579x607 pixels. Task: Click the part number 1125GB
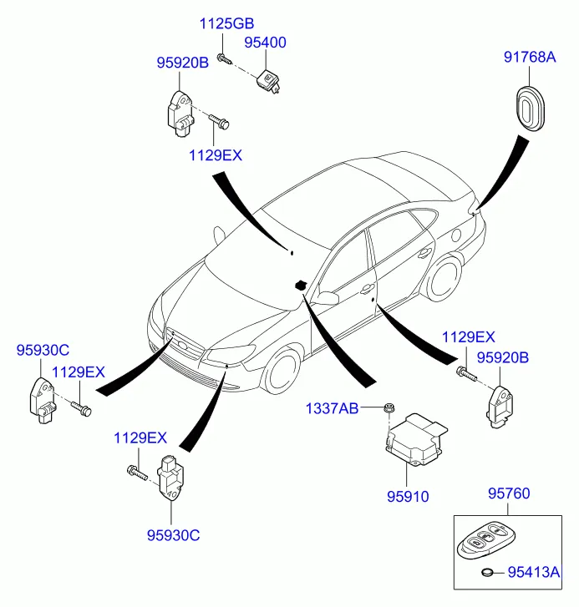pyautogui.click(x=226, y=23)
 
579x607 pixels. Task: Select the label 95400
pyautogui.click(x=265, y=41)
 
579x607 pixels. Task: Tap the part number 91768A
pyautogui.click(x=528, y=58)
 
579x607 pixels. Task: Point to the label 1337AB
pyautogui.click(x=332, y=408)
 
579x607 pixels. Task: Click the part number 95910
pyautogui.click(x=407, y=496)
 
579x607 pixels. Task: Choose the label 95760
pyautogui.click(x=509, y=494)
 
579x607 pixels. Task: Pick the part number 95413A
pyautogui.click(x=531, y=572)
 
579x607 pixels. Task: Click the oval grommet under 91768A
pyautogui.click(x=530, y=106)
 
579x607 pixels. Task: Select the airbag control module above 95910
pyautogui.click(x=414, y=438)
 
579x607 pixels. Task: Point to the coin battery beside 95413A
pyautogui.click(x=489, y=573)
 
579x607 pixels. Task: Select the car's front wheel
pyautogui.click(x=281, y=370)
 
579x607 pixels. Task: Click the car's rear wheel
pyautogui.click(x=444, y=277)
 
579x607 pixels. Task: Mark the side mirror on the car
pyautogui.click(x=328, y=297)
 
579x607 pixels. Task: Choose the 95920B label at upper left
pyautogui.click(x=182, y=62)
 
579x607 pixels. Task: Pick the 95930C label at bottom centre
pyautogui.click(x=173, y=535)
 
